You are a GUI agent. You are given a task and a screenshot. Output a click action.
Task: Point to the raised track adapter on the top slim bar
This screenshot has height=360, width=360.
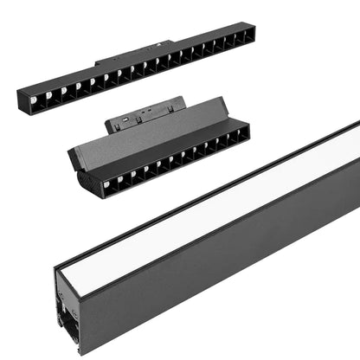pos(130,56)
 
